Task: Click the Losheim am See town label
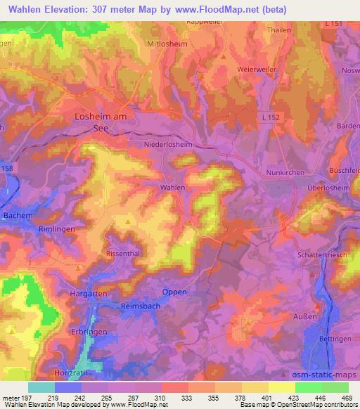(100, 123)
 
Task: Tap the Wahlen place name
(172, 188)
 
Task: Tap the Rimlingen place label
(56, 229)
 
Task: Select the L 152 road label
(269, 117)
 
